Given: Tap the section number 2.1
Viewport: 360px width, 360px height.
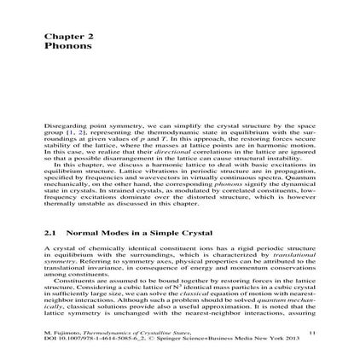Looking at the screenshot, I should [50, 207].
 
